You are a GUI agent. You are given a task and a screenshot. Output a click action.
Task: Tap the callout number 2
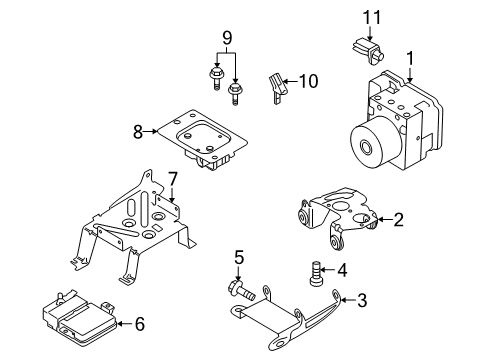(x=398, y=220)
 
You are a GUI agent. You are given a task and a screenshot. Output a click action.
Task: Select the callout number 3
(x=362, y=298)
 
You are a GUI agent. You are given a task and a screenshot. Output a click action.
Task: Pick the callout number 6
(x=140, y=323)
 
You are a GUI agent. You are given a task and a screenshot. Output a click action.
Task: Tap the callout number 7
(x=172, y=178)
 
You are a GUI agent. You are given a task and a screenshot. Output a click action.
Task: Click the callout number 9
(x=227, y=40)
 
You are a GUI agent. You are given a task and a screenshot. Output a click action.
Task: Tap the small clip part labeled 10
(x=278, y=86)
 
